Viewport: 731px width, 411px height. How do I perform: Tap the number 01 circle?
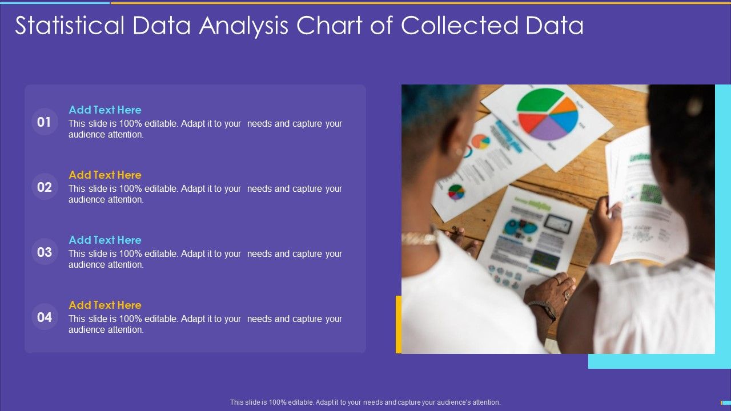45,122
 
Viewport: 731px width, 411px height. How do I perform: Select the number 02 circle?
45,187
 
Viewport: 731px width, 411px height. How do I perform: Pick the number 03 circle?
45,252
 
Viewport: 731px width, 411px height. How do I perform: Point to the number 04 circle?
45,317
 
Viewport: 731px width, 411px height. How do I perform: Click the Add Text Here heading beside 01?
105,110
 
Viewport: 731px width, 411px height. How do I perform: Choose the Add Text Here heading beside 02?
105,175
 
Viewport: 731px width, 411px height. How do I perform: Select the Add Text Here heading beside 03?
105,240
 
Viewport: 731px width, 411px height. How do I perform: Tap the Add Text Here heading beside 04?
105,305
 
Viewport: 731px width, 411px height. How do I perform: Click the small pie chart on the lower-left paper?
456,192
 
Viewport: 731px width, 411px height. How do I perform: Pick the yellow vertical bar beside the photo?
399,324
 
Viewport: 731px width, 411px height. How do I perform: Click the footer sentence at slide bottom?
365,402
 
